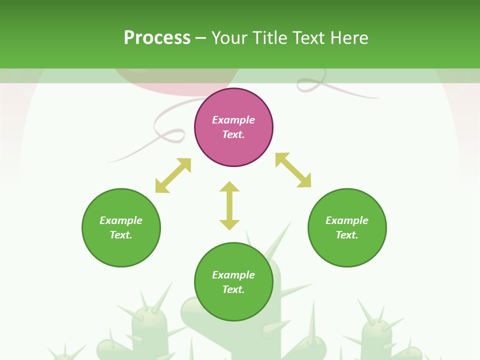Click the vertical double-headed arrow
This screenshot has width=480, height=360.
point(229,205)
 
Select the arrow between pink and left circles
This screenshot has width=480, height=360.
point(173,175)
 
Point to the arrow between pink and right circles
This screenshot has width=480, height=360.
point(293,170)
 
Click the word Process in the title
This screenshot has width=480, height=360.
point(157,37)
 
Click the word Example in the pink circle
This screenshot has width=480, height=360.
point(233,120)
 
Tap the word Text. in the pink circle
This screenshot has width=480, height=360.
point(233,134)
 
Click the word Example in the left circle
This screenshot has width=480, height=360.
point(121,220)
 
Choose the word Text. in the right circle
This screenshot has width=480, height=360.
point(347,235)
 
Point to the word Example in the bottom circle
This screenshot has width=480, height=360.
point(233,275)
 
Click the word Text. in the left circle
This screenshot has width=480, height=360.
point(121,235)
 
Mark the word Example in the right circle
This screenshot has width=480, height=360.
point(347,220)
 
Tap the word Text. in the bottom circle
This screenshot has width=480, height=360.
point(233,289)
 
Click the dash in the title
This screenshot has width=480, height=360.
point(200,38)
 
